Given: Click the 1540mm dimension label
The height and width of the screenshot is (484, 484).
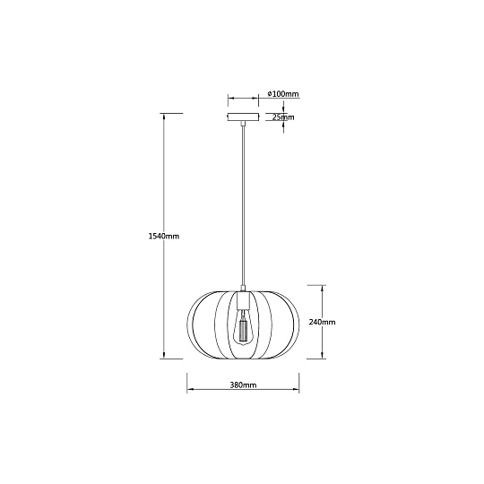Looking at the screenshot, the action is (164, 236).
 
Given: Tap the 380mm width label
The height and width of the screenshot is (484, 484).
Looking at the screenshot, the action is (243, 385).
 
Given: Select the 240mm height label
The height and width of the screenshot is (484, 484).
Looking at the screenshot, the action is (323, 322).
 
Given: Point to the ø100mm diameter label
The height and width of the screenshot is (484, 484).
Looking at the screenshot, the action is (283, 93).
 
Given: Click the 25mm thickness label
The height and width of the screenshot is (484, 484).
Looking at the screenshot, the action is (283, 117).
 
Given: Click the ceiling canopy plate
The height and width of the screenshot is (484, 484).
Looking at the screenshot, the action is (243, 117).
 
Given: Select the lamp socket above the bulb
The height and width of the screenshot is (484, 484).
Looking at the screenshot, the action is (243, 301).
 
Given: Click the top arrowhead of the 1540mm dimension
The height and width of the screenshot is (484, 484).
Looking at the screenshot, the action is (164, 116).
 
